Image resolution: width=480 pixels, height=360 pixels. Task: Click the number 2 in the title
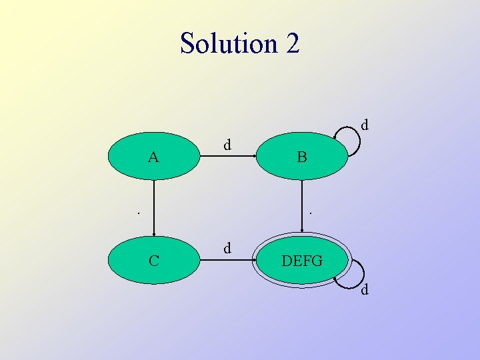pos(293,44)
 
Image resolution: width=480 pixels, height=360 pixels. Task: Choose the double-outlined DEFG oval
pos(302,260)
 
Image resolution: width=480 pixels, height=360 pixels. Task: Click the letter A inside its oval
pos(153,158)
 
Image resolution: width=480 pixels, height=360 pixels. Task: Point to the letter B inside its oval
pos(302,158)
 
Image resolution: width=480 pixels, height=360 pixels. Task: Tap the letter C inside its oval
pos(153,261)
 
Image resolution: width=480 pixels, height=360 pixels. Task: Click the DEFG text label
pos(302,261)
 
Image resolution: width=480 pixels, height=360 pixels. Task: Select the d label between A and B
pos(227,144)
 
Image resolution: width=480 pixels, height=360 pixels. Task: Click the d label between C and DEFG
pos(227,248)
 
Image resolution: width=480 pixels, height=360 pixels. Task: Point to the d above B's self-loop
pos(365,125)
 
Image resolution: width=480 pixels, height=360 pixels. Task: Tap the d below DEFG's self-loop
pos(365,290)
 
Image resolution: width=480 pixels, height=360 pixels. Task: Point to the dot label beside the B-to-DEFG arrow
pos(310,214)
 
